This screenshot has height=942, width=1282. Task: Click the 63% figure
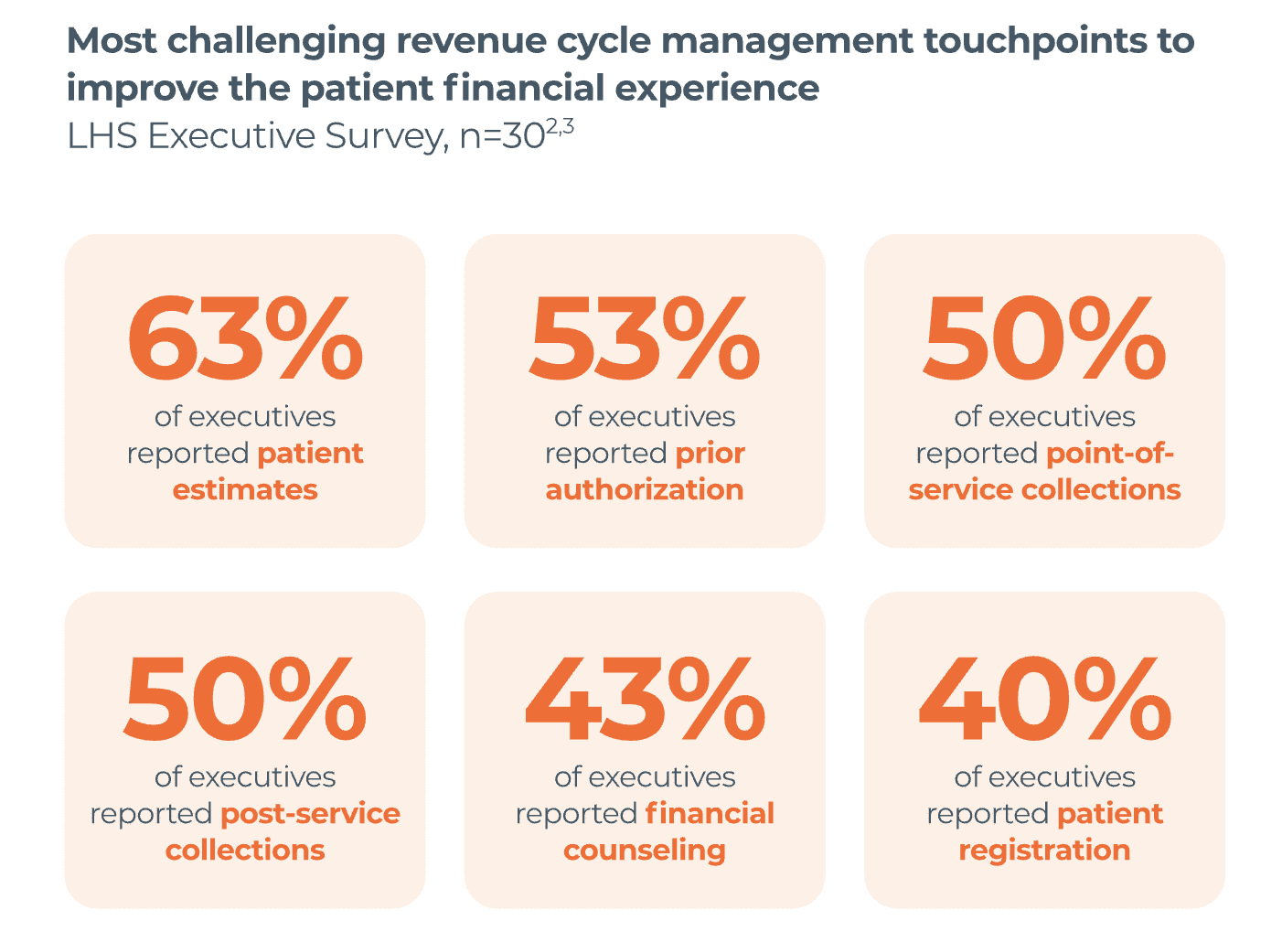tap(244, 340)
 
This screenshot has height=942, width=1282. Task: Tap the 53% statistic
tap(645, 340)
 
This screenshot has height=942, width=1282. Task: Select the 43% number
tap(645, 701)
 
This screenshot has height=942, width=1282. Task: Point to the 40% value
tap(1044, 701)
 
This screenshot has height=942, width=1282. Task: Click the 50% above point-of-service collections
tap(1044, 340)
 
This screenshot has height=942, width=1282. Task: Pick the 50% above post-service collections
tap(244, 701)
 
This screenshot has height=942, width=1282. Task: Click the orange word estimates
tap(245, 490)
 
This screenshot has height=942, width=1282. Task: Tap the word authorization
tap(645, 490)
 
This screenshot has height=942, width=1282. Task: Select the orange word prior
tap(710, 454)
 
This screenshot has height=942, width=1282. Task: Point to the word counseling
tap(645, 851)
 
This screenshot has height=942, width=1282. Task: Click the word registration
tap(1044, 851)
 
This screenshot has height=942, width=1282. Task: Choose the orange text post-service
tap(311, 814)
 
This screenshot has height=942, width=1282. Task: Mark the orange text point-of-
tap(1110, 454)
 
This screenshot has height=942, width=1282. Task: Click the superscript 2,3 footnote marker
tap(560, 126)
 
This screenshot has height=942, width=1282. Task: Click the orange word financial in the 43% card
tap(710, 814)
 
